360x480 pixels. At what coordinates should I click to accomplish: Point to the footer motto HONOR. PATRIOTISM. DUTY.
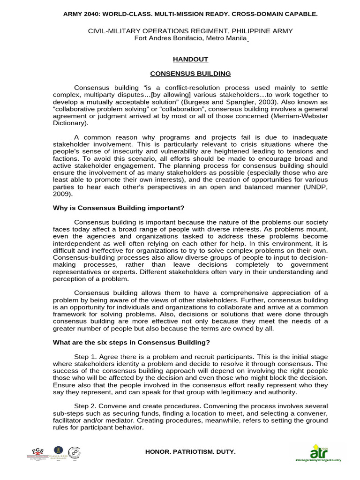(x=191, y=451)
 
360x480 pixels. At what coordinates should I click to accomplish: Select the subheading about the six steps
(x=131, y=342)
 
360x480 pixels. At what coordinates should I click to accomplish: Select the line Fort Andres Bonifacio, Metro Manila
(x=190, y=38)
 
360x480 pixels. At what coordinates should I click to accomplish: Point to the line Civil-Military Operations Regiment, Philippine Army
(x=190, y=31)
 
